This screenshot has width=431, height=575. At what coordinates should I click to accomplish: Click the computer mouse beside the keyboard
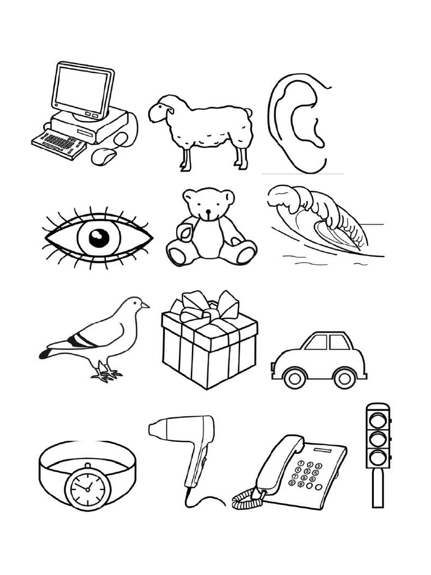click(x=104, y=156)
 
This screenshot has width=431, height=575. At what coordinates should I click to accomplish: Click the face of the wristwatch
click(x=87, y=486)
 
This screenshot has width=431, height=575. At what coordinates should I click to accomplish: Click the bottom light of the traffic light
click(x=377, y=455)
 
